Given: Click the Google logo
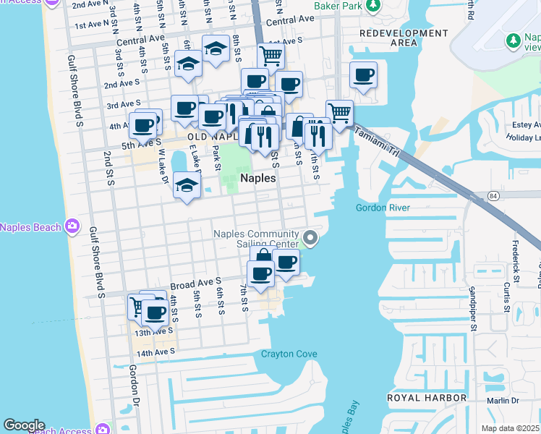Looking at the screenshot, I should pyautogui.click(x=24, y=425).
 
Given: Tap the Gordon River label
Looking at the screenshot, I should pyautogui.click(x=383, y=208).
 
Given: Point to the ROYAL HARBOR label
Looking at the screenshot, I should pyautogui.click(x=427, y=398).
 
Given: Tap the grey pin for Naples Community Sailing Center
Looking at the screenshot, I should pyautogui.click(x=310, y=237).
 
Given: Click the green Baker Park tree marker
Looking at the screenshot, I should pyautogui.click(x=373, y=7).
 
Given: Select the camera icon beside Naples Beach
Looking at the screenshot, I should pyautogui.click(x=72, y=227).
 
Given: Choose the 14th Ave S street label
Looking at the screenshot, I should pyautogui.click(x=156, y=352).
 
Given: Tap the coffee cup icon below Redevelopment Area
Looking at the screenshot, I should pyautogui.click(x=363, y=74).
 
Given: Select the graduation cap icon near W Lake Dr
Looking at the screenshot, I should pyautogui.click(x=187, y=185).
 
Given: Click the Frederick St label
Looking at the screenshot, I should pyautogui.click(x=516, y=257).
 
